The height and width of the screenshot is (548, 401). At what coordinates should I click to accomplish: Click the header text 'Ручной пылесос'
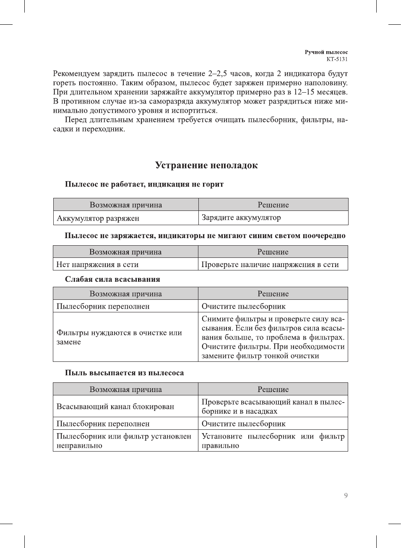coord(326,52)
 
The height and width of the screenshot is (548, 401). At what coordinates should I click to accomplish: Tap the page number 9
coord(346,496)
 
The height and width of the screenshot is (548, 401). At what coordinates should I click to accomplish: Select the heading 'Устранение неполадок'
coord(206,165)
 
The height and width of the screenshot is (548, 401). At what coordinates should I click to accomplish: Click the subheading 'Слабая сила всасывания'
coord(112,279)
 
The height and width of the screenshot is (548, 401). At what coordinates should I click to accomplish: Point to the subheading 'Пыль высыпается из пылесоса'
coord(124,373)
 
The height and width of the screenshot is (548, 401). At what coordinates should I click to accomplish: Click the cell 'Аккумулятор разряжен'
coord(98,218)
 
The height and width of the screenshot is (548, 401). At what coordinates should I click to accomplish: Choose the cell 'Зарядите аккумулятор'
coord(241,217)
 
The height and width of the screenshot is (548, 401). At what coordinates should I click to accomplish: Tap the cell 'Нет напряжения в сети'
coord(97,264)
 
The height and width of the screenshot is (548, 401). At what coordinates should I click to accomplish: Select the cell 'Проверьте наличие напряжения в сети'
coord(270,264)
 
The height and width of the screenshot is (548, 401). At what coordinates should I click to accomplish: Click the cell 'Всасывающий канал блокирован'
coord(115,406)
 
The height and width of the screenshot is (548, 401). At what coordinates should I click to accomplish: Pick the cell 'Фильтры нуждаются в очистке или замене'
coord(119,337)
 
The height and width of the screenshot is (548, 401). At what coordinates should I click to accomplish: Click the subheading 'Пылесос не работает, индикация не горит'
coord(144,184)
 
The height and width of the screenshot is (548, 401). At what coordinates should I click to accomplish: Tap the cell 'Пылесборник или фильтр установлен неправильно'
coord(124,441)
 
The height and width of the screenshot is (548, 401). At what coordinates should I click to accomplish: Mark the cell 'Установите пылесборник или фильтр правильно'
coord(273,441)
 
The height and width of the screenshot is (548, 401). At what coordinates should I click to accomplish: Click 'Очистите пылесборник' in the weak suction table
coord(244,306)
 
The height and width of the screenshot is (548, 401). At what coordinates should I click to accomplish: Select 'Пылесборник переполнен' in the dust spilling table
coord(103,423)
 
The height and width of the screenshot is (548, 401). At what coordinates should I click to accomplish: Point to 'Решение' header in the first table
coord(273,205)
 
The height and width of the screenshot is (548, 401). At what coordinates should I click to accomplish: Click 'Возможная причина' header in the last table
coord(125,389)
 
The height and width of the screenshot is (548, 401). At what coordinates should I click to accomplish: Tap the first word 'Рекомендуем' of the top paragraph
coord(76,74)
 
